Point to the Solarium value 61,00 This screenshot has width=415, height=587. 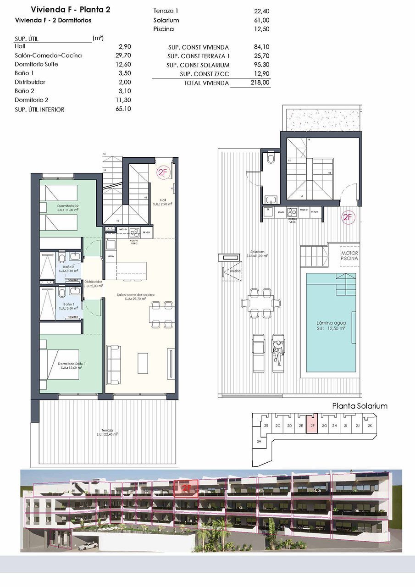[x=261, y=20]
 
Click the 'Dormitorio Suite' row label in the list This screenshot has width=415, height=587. [x=36, y=64]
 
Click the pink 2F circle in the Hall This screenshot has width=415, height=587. [x=163, y=172]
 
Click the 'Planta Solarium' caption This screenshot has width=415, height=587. [x=360, y=406]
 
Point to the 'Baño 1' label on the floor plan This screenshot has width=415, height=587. [x=68, y=305]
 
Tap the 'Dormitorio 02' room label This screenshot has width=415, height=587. [x=68, y=206]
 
